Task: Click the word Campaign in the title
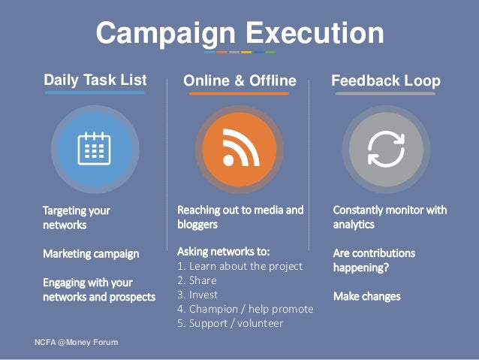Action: click(x=166, y=34)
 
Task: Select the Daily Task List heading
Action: click(x=95, y=80)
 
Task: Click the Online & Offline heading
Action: click(x=239, y=80)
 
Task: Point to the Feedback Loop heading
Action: click(x=386, y=81)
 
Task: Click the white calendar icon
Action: click(x=95, y=149)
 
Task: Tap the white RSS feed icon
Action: click(x=241, y=148)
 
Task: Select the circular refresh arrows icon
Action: click(x=386, y=150)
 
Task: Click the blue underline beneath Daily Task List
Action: click(x=95, y=92)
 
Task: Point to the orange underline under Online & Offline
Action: click(x=239, y=94)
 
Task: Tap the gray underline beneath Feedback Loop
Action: click(x=385, y=94)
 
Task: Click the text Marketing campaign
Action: click(x=91, y=254)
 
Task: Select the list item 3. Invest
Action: click(x=197, y=295)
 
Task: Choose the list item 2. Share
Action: click(x=197, y=280)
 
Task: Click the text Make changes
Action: click(x=367, y=297)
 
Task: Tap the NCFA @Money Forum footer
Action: click(x=77, y=342)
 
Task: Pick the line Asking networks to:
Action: click(x=224, y=252)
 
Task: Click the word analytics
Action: click(x=354, y=225)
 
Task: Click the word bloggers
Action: click(x=197, y=225)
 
